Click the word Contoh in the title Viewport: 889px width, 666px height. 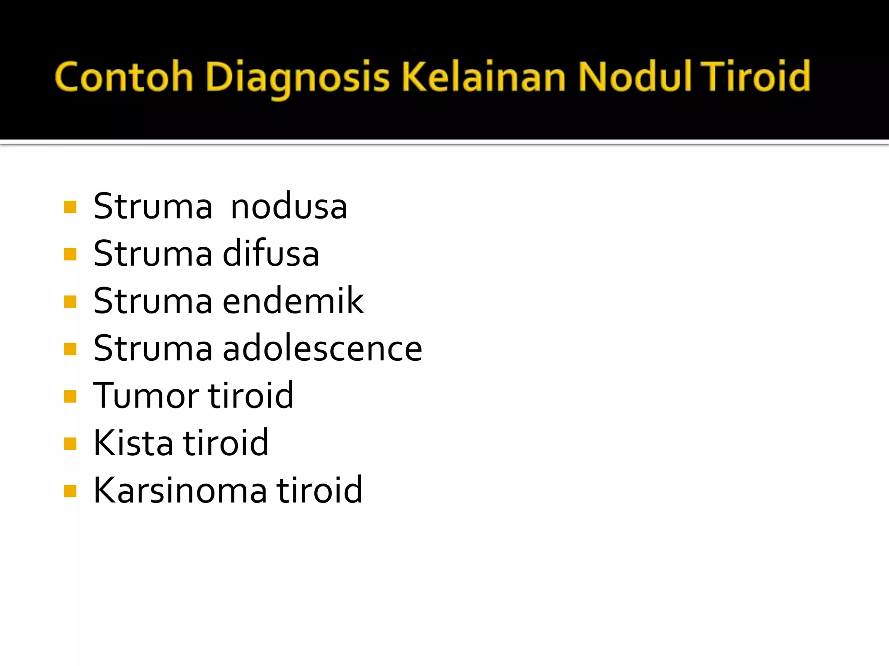(124, 77)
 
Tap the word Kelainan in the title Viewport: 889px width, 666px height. (484, 77)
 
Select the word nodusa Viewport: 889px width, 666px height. (289, 207)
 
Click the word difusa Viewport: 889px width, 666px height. (271, 253)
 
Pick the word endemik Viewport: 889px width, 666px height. (293, 301)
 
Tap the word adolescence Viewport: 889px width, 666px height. (322, 348)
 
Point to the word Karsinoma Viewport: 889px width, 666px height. (180, 490)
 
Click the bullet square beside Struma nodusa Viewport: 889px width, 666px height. (70, 207)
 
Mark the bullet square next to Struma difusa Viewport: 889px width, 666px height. (70, 254)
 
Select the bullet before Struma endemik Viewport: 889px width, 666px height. (70, 301)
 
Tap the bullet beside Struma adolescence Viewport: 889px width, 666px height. (70, 349)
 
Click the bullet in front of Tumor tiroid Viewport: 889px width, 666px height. (70, 396)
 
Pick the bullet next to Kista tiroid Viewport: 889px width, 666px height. (70, 444)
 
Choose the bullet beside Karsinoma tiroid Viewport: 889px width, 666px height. (70, 491)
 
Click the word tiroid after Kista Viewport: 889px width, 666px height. (226, 443)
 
